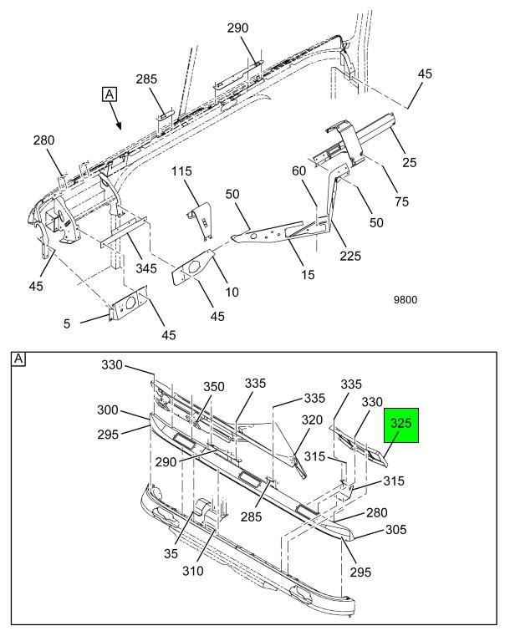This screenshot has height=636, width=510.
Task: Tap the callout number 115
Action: click(182, 171)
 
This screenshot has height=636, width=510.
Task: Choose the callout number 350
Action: click(214, 386)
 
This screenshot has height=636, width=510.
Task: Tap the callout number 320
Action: click(312, 420)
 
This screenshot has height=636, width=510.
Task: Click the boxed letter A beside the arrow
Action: click(108, 94)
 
